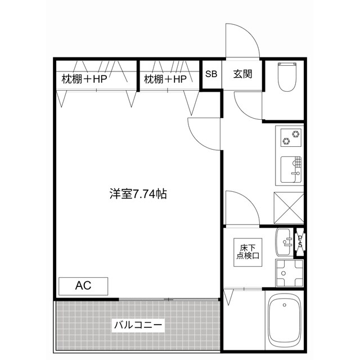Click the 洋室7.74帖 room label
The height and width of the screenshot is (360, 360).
pyautogui.click(x=137, y=194)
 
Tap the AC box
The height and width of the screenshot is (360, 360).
pyautogui.click(x=83, y=286)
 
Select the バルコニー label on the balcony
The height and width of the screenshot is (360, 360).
pyautogui.click(x=138, y=325)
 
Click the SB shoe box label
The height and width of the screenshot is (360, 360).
pyautogui.click(x=211, y=74)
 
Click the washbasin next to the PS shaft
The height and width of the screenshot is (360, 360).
pyautogui.click(x=284, y=241)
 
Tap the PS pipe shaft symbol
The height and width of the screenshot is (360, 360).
pyautogui.click(x=300, y=241)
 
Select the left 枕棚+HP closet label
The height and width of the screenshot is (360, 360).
pyautogui.click(x=84, y=79)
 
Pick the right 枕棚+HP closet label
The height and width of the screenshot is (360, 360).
pyautogui.click(x=165, y=79)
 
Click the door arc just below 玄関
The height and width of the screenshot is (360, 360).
pyautogui.click(x=247, y=104)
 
